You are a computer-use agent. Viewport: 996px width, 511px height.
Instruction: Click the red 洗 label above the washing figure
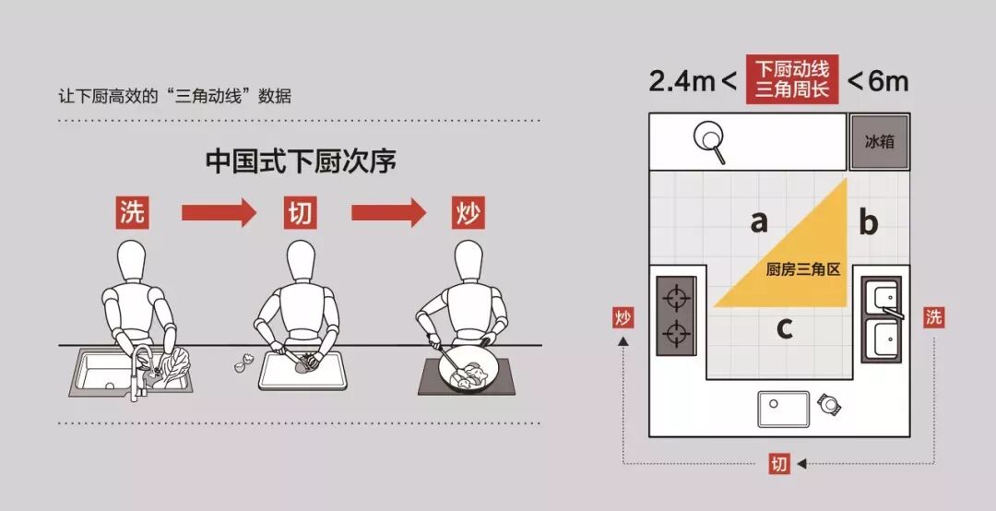pyautogui.click(x=132, y=212)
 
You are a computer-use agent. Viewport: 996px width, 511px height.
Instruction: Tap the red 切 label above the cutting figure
pyautogui.click(x=300, y=212)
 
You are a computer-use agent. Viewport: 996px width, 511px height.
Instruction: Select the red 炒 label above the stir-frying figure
pyautogui.click(x=468, y=212)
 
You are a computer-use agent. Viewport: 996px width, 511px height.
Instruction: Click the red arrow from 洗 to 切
pyautogui.click(x=219, y=212)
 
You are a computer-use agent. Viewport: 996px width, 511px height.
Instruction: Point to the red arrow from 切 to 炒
pyautogui.click(x=388, y=212)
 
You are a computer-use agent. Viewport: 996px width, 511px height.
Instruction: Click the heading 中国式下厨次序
pyautogui.click(x=301, y=161)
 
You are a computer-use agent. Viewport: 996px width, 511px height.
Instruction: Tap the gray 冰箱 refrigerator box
pyautogui.click(x=880, y=142)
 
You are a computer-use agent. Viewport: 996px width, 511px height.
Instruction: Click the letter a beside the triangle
pyautogui.click(x=758, y=221)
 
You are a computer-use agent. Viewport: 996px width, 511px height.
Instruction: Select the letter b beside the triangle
pyautogui.click(x=869, y=221)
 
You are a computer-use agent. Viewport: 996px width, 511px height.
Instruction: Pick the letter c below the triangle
pyautogui.click(x=785, y=328)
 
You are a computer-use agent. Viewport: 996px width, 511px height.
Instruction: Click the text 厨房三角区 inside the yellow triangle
pyautogui.click(x=803, y=269)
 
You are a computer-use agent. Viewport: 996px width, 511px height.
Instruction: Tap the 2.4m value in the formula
pyautogui.click(x=682, y=81)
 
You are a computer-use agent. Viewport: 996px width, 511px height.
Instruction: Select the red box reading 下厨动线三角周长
pyautogui.click(x=792, y=79)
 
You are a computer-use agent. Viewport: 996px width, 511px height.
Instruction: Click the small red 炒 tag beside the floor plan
pyautogui.click(x=623, y=317)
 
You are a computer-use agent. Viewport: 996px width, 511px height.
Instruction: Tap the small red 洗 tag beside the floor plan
pyautogui.click(x=933, y=316)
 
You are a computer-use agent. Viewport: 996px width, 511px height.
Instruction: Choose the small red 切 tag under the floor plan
pyautogui.click(x=779, y=463)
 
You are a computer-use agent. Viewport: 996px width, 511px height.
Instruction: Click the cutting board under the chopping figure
pyautogui.click(x=303, y=371)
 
